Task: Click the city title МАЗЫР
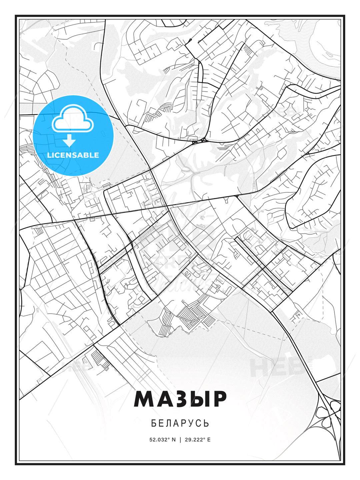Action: click(180, 399)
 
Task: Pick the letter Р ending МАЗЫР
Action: click(219, 399)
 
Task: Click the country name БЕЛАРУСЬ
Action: click(180, 423)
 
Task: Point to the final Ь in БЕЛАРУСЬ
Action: click(207, 423)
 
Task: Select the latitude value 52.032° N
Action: click(162, 440)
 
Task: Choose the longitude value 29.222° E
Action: click(198, 440)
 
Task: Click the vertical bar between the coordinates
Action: click(180, 440)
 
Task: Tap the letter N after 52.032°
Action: click(174, 440)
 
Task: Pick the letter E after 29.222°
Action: click(209, 440)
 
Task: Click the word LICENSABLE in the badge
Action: click(73, 155)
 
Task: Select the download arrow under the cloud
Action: click(69, 141)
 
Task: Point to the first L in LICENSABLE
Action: click(49, 155)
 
